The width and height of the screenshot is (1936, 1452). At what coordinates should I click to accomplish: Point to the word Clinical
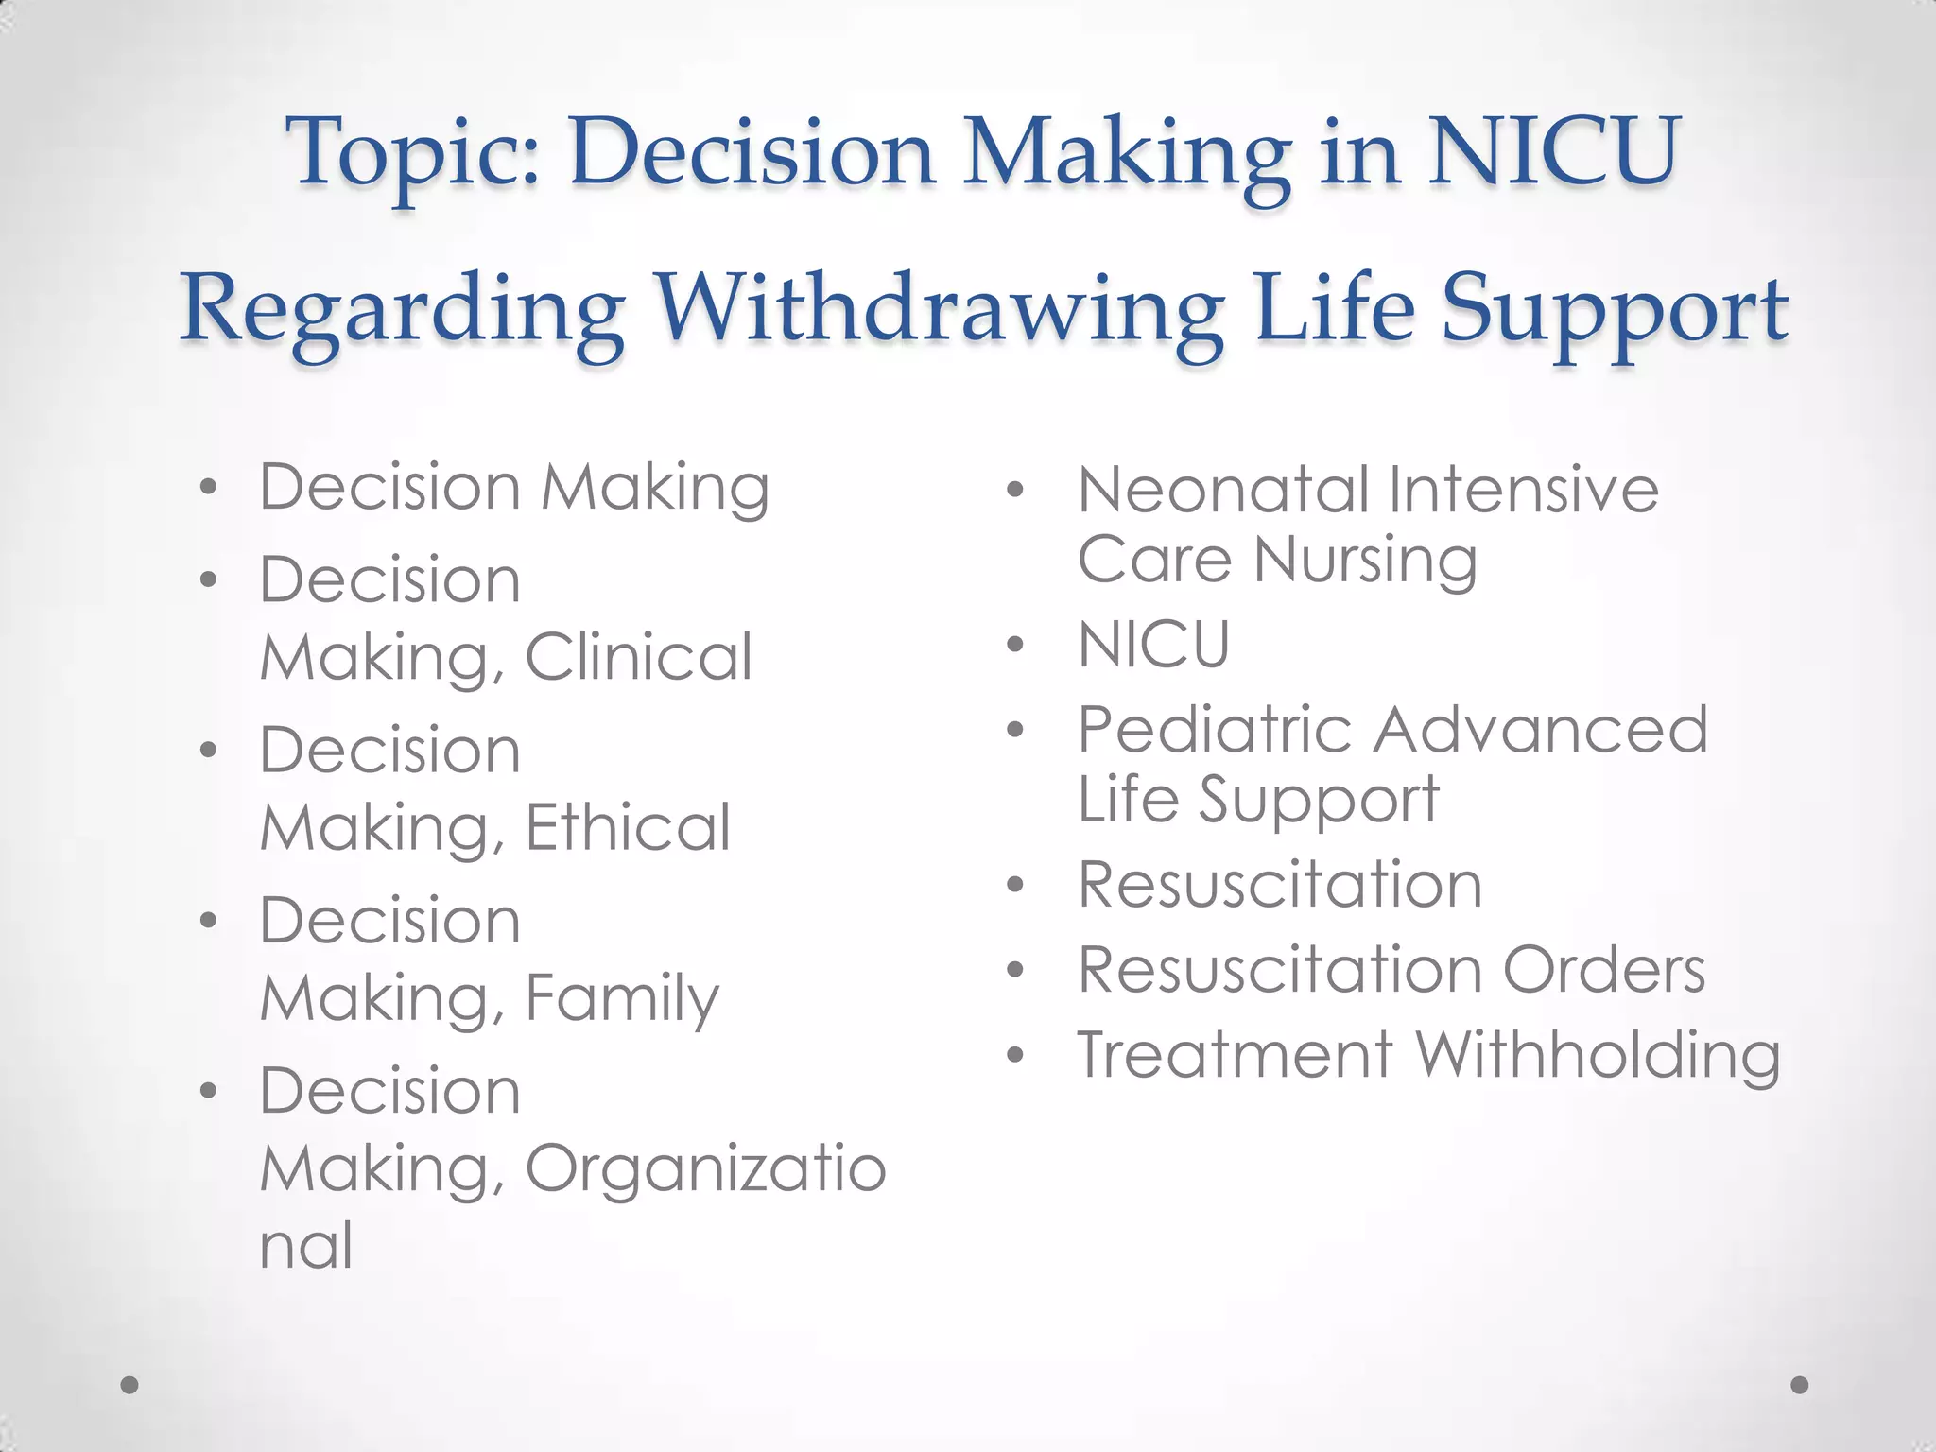click(639, 657)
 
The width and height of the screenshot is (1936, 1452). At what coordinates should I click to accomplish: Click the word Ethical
click(628, 827)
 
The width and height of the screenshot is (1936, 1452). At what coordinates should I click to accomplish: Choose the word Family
click(622, 998)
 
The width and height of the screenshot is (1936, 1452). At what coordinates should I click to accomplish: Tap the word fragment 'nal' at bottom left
click(306, 1245)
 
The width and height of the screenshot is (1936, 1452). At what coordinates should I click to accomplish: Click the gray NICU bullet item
click(1154, 645)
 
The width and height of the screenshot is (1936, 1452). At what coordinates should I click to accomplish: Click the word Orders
click(1604, 970)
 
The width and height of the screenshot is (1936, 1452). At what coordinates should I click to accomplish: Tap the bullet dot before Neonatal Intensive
click(1015, 490)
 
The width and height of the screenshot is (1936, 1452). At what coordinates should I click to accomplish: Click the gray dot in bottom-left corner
click(130, 1385)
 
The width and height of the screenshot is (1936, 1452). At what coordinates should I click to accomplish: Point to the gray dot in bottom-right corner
click(1800, 1385)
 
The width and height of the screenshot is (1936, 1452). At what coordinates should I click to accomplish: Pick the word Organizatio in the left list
click(705, 1168)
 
